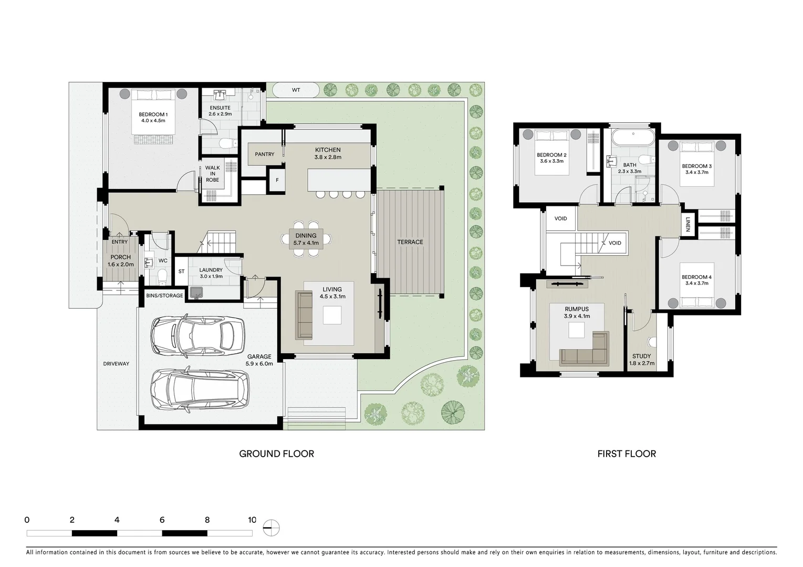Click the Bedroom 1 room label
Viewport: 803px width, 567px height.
coord(153,114)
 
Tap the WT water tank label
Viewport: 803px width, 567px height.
coord(296,90)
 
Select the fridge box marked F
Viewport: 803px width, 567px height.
coord(277,181)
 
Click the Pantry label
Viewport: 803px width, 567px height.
coord(265,154)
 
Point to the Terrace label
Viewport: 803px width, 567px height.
coord(410,242)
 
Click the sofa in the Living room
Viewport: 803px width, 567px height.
coord(304,315)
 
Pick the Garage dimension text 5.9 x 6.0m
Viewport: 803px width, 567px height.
coord(259,363)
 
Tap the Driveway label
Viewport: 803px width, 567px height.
coord(116,364)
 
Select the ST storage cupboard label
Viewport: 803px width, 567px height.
coord(181,271)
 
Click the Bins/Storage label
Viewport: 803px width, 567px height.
coord(164,296)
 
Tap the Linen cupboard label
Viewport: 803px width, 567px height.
coord(687,225)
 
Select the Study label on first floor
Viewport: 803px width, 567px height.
coord(641,356)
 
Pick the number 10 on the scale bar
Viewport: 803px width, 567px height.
coord(252,520)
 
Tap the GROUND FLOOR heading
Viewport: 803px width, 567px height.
coord(276,454)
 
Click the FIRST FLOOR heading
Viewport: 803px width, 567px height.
coord(627,454)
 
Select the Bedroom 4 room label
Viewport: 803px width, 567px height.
coord(696,277)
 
